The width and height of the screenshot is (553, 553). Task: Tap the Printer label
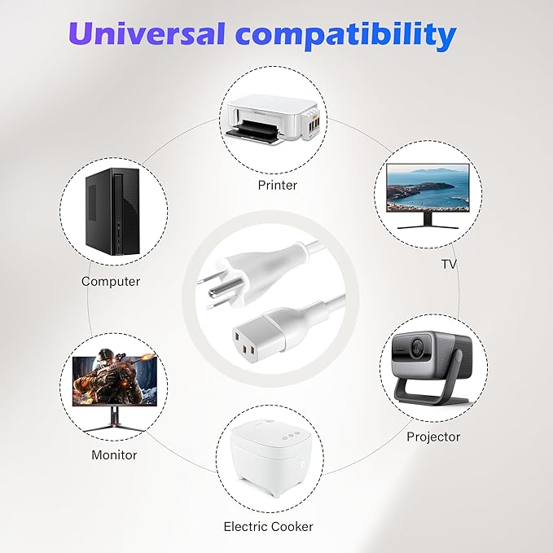[x=277, y=185]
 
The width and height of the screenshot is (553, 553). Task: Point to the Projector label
[x=433, y=437]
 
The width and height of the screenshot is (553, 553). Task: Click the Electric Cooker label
[x=268, y=526]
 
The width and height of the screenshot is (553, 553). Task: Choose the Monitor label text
[x=114, y=454]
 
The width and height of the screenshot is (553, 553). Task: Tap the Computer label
[x=111, y=281]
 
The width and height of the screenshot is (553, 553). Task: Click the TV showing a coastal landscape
[x=428, y=188]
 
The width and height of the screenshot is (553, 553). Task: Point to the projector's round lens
[x=419, y=349]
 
